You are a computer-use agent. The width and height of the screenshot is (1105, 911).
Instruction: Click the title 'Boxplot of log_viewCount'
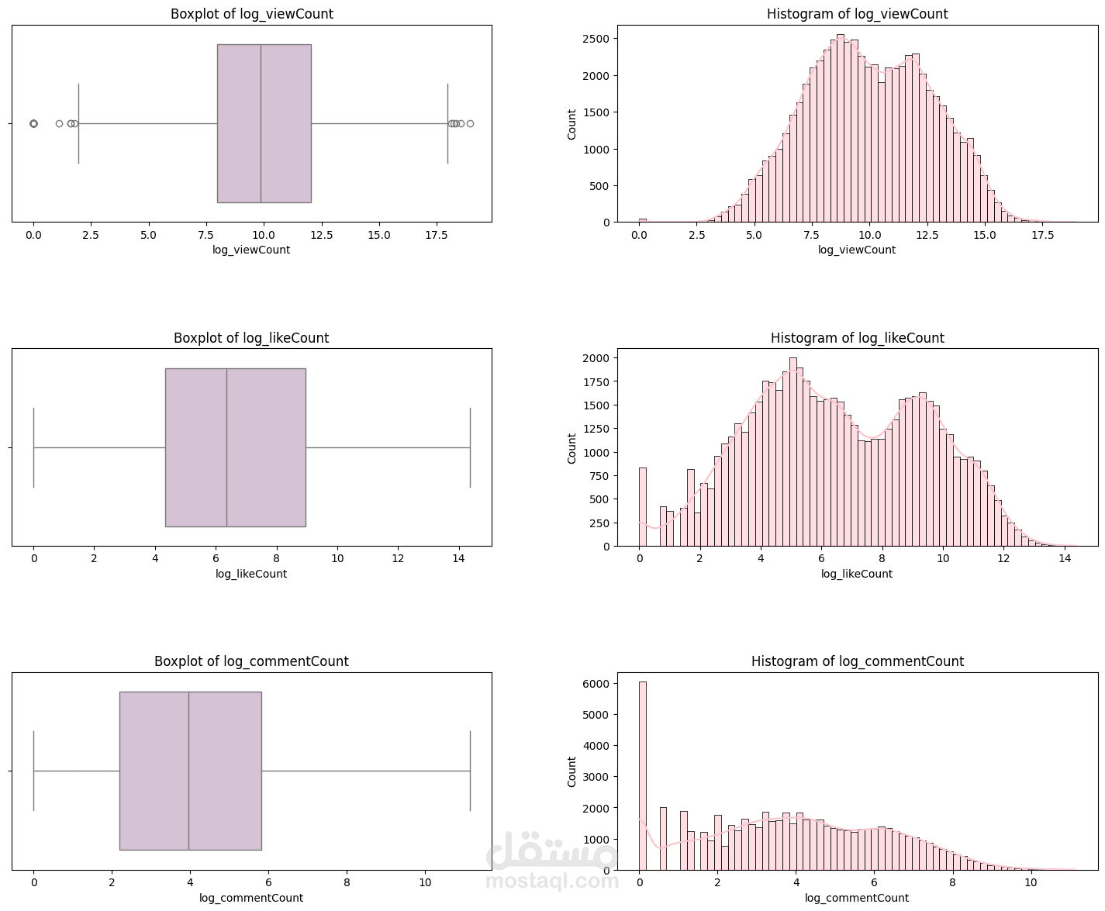(x=251, y=14)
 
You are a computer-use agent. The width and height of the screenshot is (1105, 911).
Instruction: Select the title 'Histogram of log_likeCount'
(x=857, y=338)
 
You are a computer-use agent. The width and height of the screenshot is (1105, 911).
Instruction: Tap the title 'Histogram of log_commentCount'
(x=857, y=661)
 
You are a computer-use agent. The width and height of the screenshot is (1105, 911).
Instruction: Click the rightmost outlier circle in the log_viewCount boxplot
(x=470, y=124)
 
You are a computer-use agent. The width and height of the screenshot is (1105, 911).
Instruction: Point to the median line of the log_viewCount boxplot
(x=261, y=123)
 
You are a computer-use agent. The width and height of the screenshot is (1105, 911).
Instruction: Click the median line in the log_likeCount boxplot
(x=226, y=447)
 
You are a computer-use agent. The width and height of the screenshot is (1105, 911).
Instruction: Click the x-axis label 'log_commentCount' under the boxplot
(x=251, y=898)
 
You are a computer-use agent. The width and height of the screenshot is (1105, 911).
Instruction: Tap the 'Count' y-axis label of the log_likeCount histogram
(x=572, y=448)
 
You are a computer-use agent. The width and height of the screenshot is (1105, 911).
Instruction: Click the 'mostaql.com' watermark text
(x=553, y=881)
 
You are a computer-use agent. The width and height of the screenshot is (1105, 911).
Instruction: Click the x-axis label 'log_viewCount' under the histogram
(x=856, y=250)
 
